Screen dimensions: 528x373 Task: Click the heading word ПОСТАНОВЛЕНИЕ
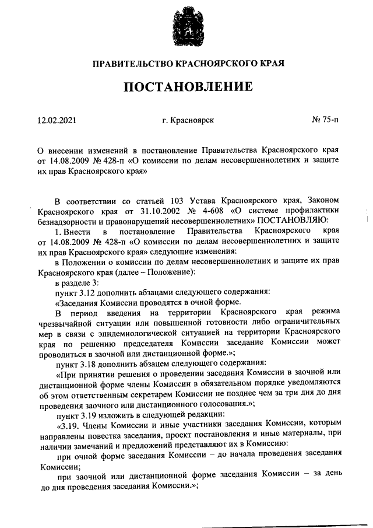point(186,88)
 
